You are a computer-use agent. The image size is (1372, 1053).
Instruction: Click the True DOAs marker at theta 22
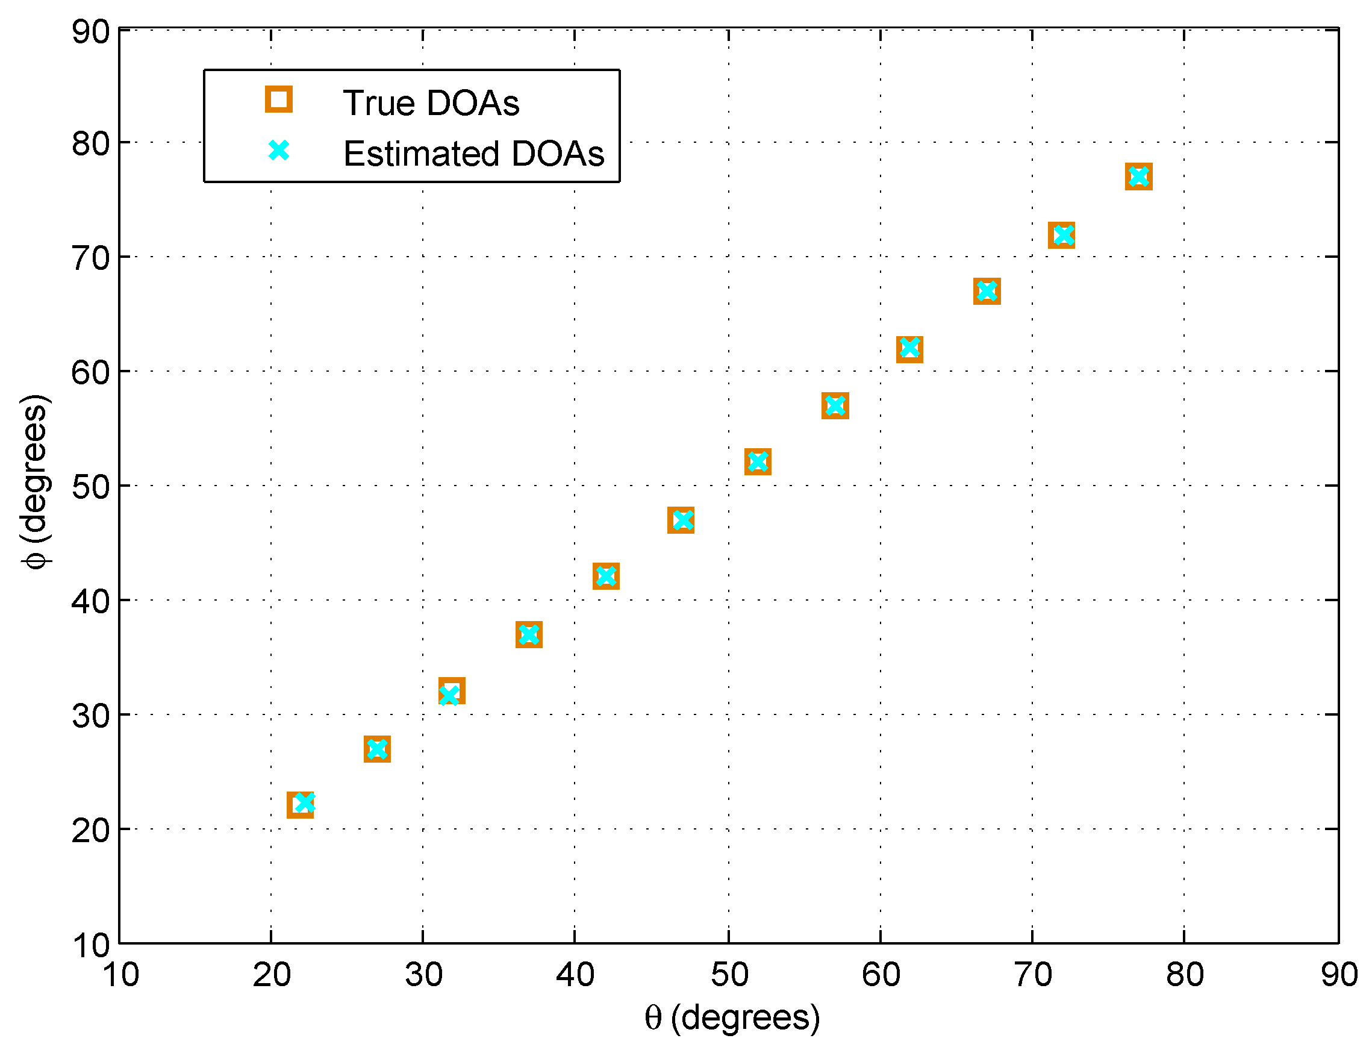pos(300,805)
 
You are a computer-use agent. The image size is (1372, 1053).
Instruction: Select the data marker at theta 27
pos(377,749)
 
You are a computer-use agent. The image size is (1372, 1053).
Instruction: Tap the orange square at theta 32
pos(452,691)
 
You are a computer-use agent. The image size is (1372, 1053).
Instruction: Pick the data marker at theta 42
pos(606,576)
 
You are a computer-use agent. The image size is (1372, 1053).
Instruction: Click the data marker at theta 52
pos(758,462)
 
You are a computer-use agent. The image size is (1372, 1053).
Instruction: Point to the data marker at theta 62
pos(909,349)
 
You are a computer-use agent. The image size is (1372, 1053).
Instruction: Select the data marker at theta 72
pos(1062,235)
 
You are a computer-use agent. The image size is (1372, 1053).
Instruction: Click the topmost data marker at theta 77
pos(1139,177)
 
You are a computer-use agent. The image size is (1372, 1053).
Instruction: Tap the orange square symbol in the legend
pos(279,99)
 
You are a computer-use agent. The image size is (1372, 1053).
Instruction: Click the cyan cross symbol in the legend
pos(279,151)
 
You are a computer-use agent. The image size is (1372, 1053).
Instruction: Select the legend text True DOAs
pos(431,103)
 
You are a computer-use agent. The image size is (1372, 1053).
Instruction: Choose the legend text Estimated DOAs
pos(473,154)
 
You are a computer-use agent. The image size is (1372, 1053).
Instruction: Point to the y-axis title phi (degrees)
pos(34,481)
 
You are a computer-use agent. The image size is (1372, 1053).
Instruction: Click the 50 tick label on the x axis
pos(729,975)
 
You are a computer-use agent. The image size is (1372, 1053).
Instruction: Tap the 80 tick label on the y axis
pos(91,144)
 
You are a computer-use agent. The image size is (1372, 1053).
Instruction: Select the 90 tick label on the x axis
pos(1339,975)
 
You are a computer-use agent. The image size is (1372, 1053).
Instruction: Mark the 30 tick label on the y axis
pos(91,716)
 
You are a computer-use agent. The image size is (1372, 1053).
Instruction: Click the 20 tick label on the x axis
pos(271,975)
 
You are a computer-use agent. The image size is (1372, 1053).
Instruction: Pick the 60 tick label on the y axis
pos(91,373)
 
